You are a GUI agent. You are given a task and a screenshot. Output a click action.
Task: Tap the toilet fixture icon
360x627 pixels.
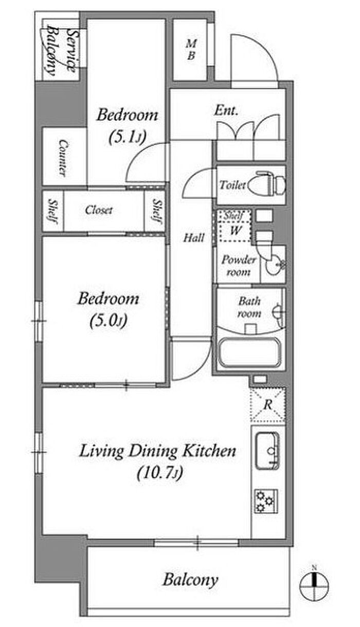271,184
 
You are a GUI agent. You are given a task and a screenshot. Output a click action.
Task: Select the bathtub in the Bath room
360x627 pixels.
249,353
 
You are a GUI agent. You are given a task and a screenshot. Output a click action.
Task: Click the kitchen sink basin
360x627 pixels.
267,451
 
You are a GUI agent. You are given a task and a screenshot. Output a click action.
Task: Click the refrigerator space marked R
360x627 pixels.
268,404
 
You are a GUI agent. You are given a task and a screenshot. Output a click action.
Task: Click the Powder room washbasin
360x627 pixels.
273,265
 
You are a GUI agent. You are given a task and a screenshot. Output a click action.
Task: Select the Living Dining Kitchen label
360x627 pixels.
157,451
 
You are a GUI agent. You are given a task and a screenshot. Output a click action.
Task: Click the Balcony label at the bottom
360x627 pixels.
190,579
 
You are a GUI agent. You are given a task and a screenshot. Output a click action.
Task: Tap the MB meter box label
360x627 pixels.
191,49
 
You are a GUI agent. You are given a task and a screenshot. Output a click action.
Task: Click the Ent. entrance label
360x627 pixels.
226,110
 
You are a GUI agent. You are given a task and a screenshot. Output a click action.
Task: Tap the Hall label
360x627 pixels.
193,238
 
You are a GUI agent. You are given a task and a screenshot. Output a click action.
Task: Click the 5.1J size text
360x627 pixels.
128,137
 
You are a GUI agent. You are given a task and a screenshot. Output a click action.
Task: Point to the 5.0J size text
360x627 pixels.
109,321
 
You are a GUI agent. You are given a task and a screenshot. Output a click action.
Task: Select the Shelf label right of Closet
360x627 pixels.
157,211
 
